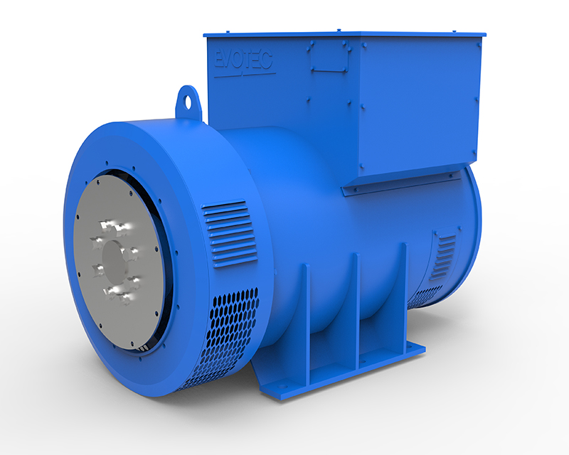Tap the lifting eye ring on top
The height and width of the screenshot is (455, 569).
[188, 97]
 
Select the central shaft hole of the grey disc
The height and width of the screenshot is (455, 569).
[114, 256]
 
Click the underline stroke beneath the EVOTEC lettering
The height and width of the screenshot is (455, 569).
[245, 74]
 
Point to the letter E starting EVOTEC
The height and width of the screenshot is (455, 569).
[220, 58]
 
